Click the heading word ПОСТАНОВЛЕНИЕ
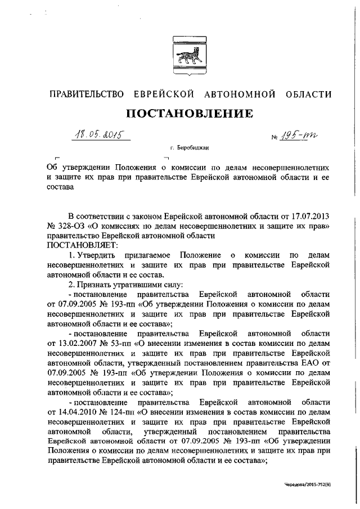point(189,114)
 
